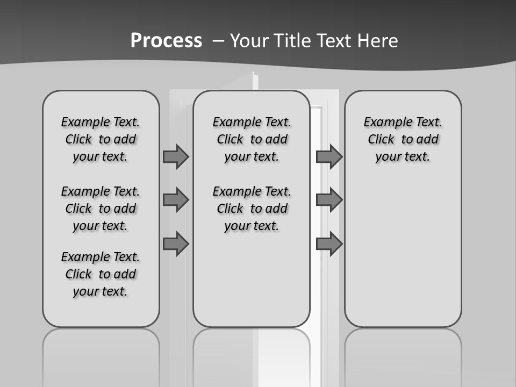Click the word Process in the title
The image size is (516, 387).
click(x=166, y=41)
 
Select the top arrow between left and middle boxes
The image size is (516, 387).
click(x=176, y=156)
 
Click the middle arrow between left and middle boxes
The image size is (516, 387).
click(x=176, y=200)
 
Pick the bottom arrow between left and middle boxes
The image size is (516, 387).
click(x=176, y=244)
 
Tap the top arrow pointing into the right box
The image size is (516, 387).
click(x=329, y=156)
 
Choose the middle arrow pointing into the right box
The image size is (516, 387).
click(x=329, y=200)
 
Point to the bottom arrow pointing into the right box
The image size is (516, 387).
click(x=329, y=244)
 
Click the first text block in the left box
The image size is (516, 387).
click(x=101, y=139)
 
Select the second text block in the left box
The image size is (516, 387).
click(x=101, y=209)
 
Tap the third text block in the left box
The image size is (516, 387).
click(x=101, y=274)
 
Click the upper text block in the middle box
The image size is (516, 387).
click(x=252, y=139)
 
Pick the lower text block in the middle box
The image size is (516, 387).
click(x=252, y=209)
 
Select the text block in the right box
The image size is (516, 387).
click(x=403, y=139)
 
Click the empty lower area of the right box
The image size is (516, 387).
click(x=403, y=253)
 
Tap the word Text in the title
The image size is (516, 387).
click(x=329, y=41)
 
